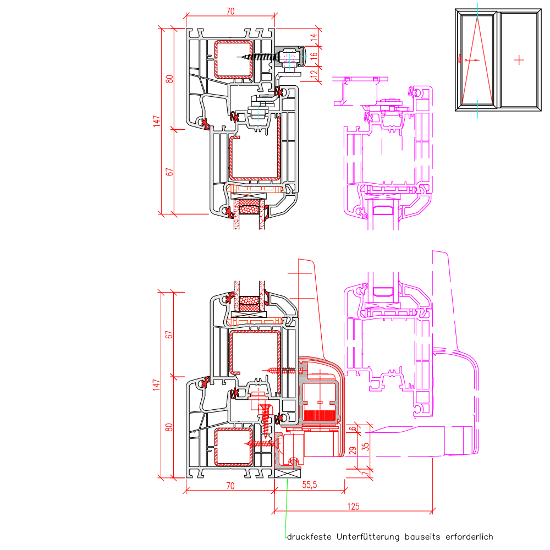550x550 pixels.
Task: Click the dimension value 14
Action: tap(314, 36)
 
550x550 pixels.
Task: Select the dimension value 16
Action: tap(314, 55)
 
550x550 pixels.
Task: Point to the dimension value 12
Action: tap(314, 74)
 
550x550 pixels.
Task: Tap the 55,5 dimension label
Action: tap(309, 485)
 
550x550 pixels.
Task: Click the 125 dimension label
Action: tap(353, 506)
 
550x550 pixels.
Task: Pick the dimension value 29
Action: tap(353, 450)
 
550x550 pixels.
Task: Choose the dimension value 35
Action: tap(366, 447)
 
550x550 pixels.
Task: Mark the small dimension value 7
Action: tap(366, 473)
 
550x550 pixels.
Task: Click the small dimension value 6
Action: tap(353, 428)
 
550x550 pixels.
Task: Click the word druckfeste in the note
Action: tap(309, 537)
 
